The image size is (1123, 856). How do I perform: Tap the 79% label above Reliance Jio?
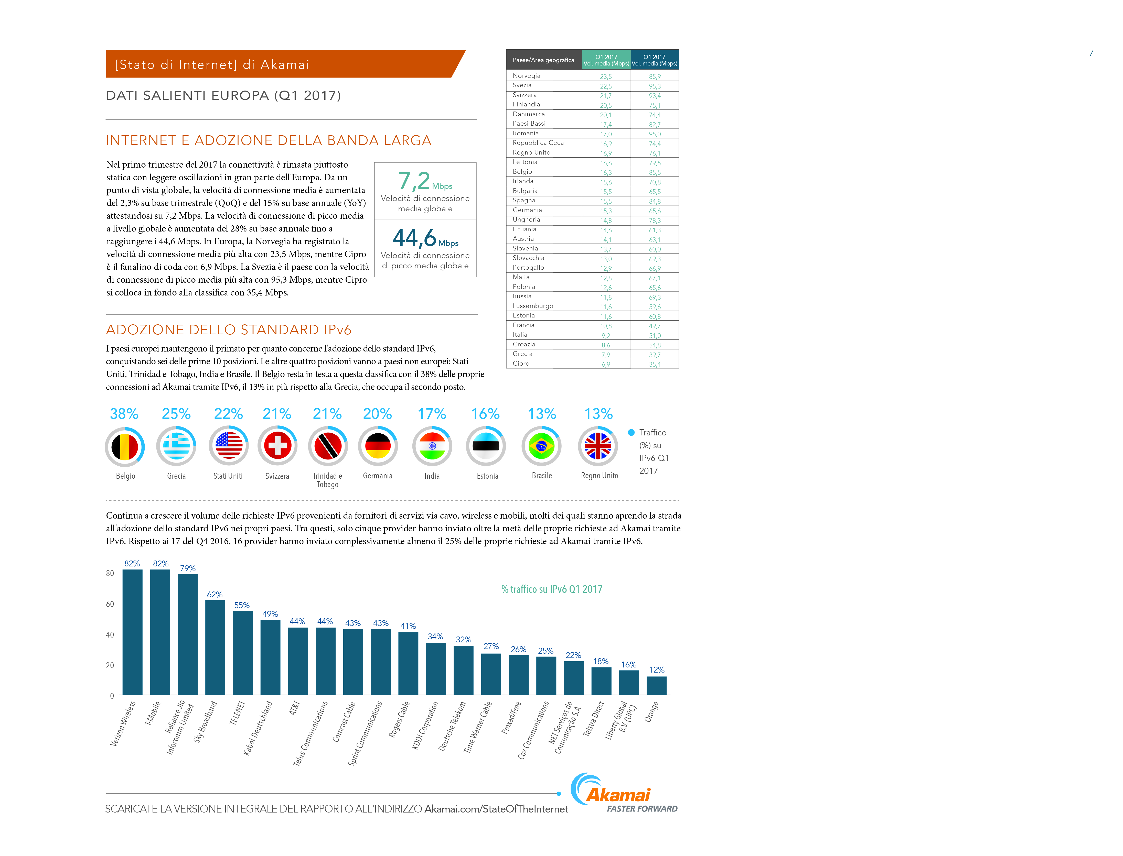188,568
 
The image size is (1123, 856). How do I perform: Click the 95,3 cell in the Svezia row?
655,86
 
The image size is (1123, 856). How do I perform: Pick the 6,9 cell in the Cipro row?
606,364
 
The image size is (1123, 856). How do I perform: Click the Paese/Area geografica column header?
543,60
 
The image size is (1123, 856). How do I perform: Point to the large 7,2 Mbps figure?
425,181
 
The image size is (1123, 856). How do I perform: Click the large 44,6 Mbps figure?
425,238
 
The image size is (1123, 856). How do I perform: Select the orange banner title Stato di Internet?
212,65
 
